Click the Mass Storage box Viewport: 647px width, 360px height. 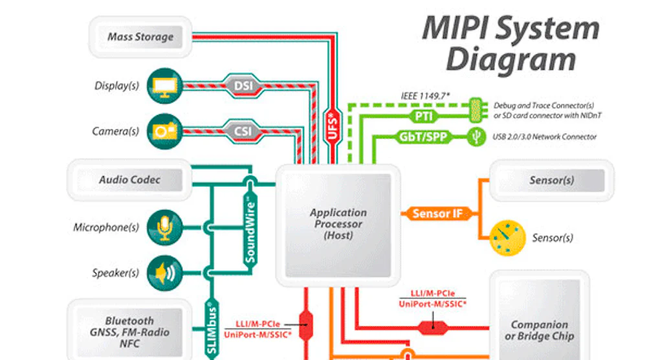pos(140,37)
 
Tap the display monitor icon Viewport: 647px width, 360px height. pos(162,85)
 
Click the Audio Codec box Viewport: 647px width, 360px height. pos(129,180)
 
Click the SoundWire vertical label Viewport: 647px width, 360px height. pos(250,231)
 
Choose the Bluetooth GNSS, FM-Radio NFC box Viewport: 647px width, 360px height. pos(129,332)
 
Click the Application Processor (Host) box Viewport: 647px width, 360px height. pos(338,225)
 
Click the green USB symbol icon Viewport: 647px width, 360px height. pos(476,137)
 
